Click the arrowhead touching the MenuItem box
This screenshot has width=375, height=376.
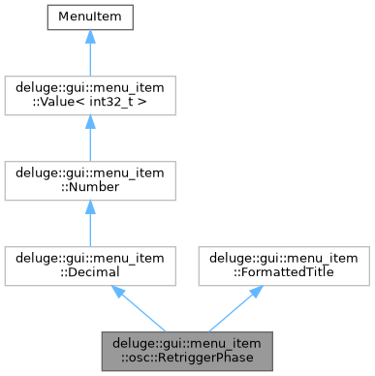click(x=89, y=36)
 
